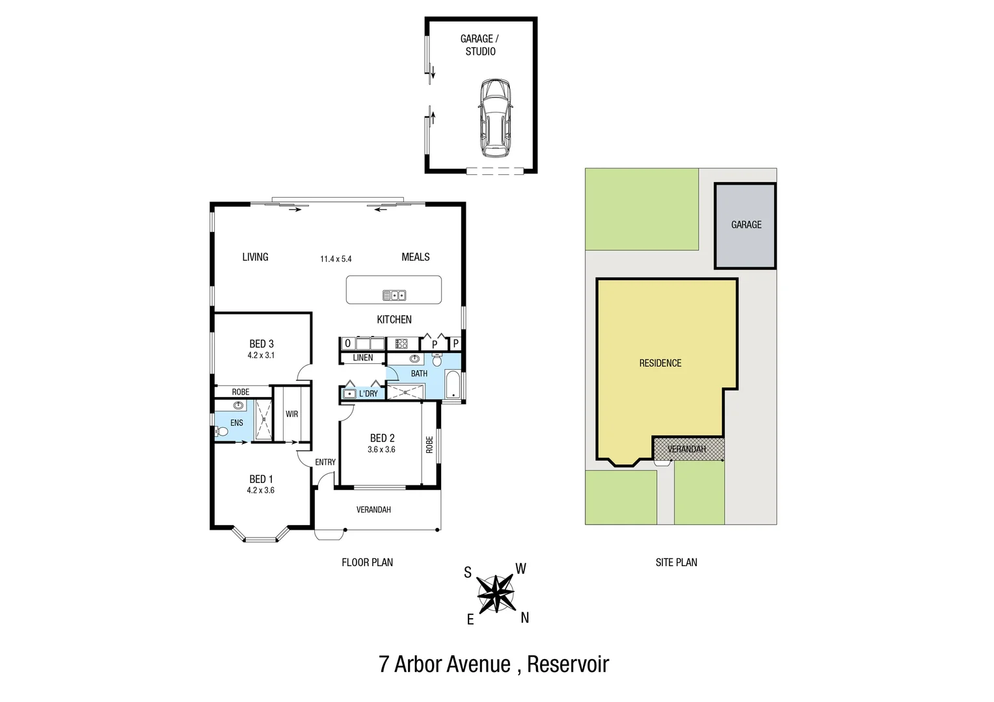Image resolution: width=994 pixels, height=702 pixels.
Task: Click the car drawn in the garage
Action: point(495,118)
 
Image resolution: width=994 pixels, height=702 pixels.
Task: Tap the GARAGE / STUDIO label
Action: point(480,45)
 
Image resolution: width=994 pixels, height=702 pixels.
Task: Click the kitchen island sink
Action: point(394,295)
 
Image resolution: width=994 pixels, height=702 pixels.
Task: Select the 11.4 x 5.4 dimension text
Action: point(336,259)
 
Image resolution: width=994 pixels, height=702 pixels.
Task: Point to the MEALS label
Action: point(416,257)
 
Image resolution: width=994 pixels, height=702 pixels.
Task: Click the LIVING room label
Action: point(255,257)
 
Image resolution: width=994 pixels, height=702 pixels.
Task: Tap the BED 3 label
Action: point(262,344)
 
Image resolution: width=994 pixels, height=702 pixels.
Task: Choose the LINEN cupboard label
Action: point(363,357)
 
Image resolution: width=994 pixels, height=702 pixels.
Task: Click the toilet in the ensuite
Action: point(222,431)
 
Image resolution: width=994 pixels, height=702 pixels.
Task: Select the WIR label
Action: point(292,414)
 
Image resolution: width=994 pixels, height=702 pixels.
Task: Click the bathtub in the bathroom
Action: point(453,385)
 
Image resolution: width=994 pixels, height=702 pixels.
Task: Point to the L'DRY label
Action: point(368,393)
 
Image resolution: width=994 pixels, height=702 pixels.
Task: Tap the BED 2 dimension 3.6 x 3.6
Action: point(381,449)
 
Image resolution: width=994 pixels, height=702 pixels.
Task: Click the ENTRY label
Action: point(325,462)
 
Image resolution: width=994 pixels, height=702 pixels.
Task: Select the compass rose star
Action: point(496,593)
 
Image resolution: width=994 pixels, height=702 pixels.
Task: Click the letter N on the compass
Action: point(525,618)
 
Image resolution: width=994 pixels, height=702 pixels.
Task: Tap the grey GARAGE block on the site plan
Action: point(745,226)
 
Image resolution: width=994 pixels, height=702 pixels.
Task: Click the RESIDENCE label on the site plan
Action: point(660,363)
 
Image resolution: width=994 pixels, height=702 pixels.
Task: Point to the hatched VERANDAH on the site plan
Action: point(688,449)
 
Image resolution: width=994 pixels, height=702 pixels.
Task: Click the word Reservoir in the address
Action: point(568,664)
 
